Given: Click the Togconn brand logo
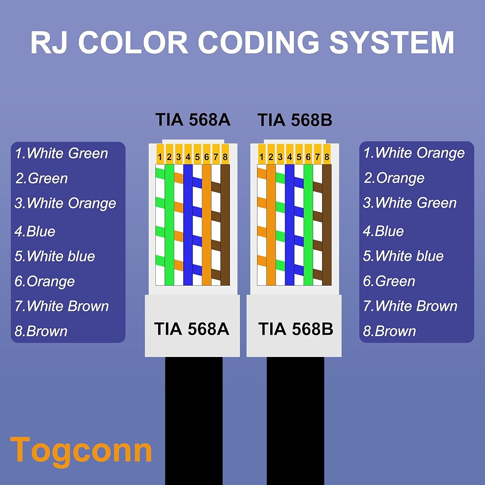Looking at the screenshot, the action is (x=81, y=450).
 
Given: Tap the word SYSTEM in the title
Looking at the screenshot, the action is (x=392, y=43).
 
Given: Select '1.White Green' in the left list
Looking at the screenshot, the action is (x=61, y=154).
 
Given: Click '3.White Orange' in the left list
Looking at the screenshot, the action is (x=65, y=203).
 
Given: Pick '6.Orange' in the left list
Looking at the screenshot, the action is (x=45, y=281).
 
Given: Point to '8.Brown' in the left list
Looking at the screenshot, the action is (x=41, y=331).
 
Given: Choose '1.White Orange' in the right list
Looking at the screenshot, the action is (x=414, y=153).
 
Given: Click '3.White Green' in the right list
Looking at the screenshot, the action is (x=410, y=203).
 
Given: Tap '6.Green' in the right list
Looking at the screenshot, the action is (x=389, y=281).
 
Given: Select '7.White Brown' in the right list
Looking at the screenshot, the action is (x=410, y=306).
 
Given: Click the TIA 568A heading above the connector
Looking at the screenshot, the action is (x=193, y=120).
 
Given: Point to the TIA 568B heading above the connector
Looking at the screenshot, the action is (x=295, y=120).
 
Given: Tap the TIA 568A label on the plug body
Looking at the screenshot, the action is (x=192, y=329).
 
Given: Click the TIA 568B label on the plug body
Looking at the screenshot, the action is (x=295, y=329).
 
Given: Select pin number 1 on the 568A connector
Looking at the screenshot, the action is (x=160, y=157).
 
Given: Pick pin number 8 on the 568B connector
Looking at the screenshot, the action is (x=327, y=157).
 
